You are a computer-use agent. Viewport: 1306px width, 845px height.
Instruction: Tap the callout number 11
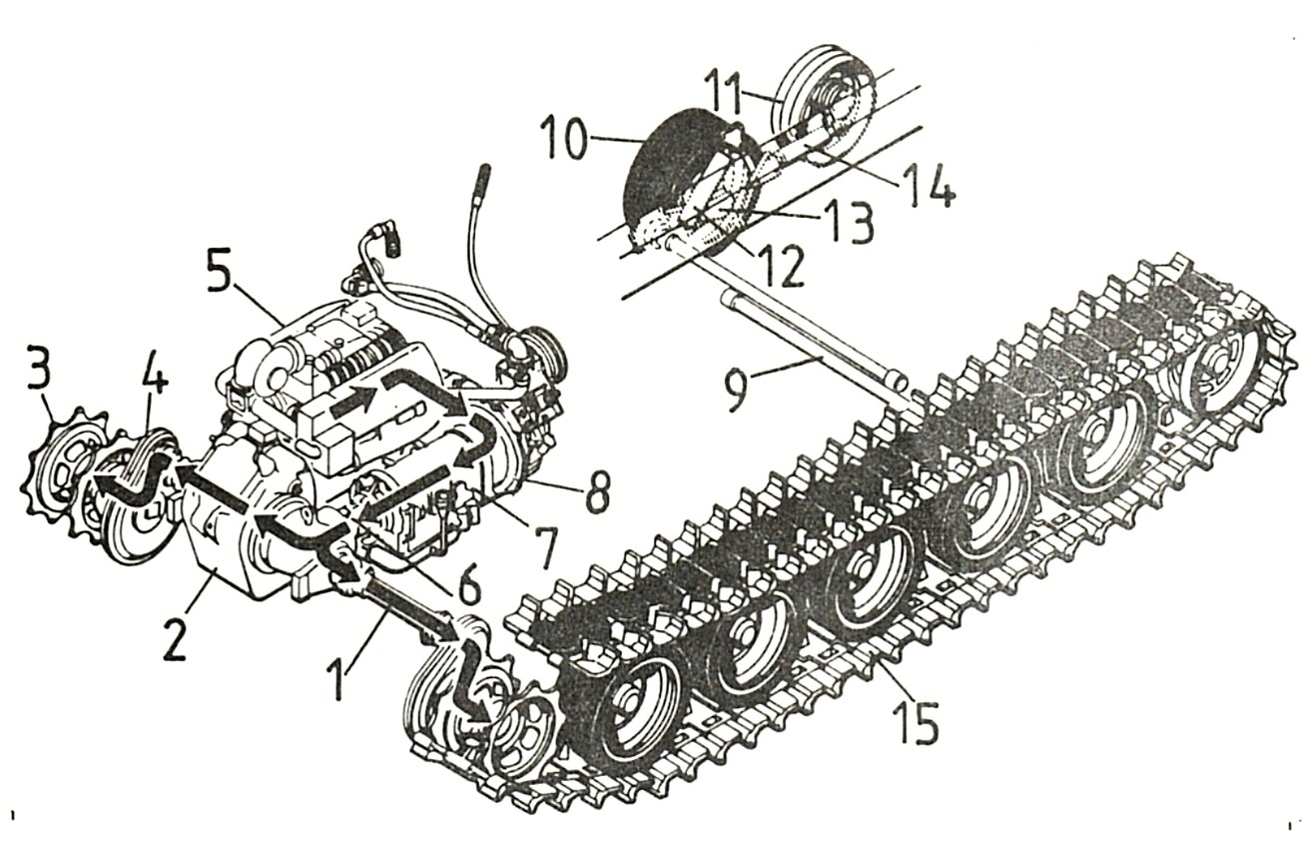pos(724,92)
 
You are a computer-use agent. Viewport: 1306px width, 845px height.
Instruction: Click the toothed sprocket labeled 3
pos(65,472)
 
